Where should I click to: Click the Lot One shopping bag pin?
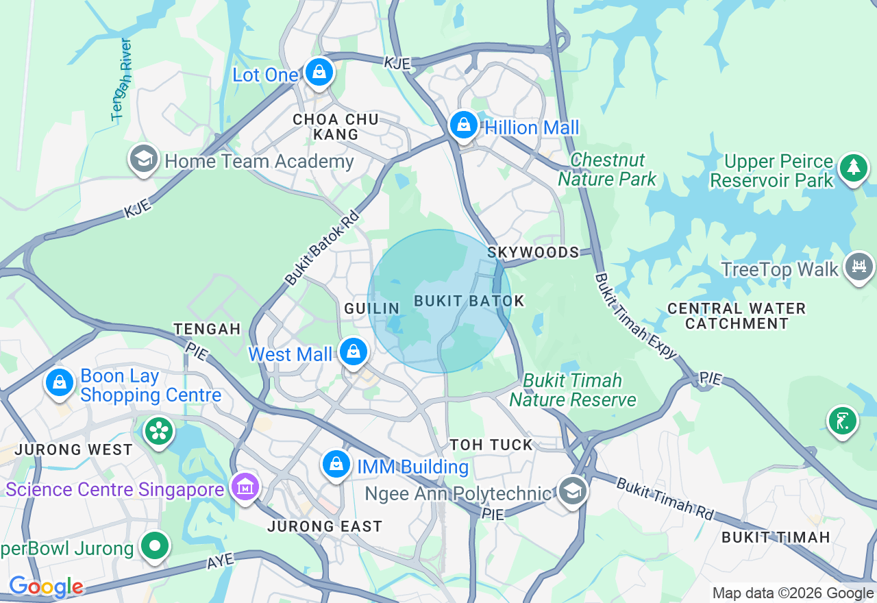click(x=319, y=71)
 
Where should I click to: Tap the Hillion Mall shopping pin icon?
click(x=464, y=125)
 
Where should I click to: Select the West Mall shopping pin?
click(x=354, y=352)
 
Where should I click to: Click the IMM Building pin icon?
click(x=336, y=465)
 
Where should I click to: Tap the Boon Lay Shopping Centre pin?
click(x=60, y=382)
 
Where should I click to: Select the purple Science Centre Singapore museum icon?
click(x=245, y=487)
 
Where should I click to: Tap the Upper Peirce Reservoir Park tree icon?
click(x=853, y=167)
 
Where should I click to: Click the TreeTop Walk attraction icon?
click(x=859, y=267)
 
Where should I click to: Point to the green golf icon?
click(x=842, y=421)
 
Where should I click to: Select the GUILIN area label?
click(x=372, y=308)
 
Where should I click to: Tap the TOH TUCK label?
click(x=491, y=445)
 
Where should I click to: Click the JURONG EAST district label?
click(x=325, y=526)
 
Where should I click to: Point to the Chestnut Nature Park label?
click(x=607, y=169)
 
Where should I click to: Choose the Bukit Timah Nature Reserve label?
click(x=573, y=390)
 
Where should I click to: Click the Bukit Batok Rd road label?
click(x=322, y=248)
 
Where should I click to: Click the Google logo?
click(x=46, y=587)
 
